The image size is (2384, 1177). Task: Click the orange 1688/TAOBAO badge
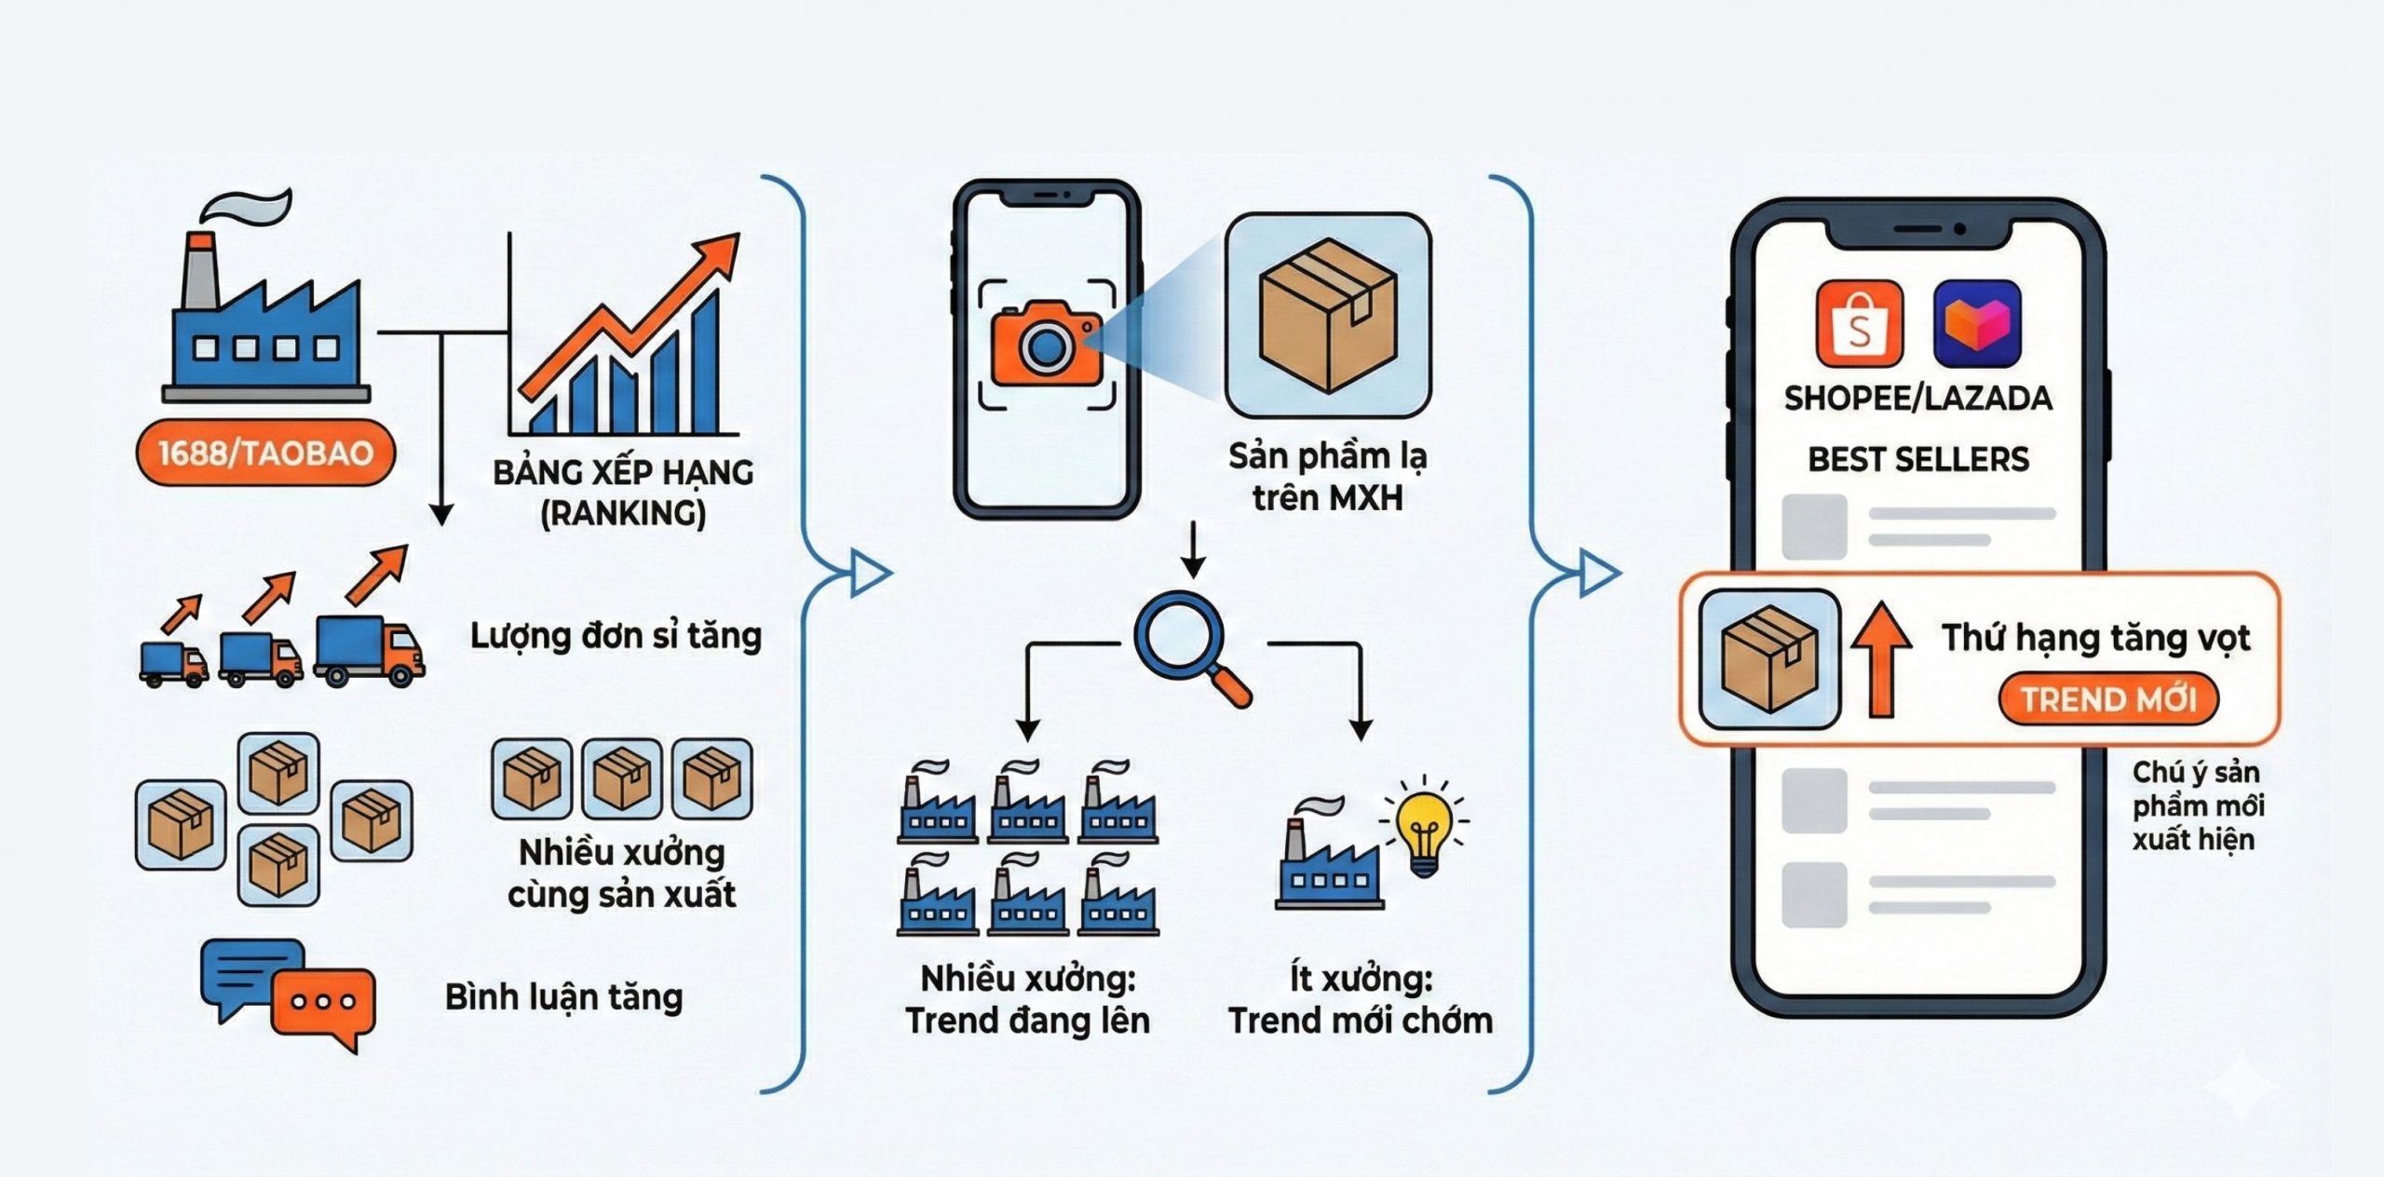click(265, 453)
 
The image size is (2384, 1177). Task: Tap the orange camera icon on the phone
click(1046, 345)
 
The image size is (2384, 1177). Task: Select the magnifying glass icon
click(1178, 636)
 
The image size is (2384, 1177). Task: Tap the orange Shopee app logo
click(1859, 324)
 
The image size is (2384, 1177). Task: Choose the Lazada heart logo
click(1976, 324)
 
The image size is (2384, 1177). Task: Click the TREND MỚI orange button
click(2108, 698)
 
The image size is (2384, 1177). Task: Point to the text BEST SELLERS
click(1918, 459)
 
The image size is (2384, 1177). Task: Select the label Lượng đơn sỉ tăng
click(616, 636)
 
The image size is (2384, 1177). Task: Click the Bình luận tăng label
click(563, 997)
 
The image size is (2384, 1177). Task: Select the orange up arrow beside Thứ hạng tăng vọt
click(1881, 657)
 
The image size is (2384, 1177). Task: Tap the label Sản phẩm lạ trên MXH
click(1327, 477)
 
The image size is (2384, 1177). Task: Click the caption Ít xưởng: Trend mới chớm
click(1361, 999)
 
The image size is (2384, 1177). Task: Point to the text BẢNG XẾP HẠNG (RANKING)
click(623, 493)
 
